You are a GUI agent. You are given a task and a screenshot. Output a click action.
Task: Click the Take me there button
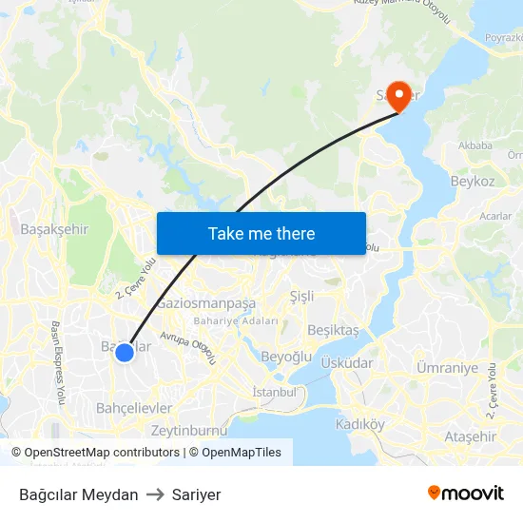(x=261, y=233)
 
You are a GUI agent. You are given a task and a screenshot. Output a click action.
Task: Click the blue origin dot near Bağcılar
(x=125, y=353)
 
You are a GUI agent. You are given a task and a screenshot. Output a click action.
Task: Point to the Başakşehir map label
(x=54, y=229)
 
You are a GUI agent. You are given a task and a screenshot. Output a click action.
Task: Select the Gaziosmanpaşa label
(x=206, y=303)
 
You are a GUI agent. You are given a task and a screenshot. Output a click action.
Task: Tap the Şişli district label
(x=301, y=296)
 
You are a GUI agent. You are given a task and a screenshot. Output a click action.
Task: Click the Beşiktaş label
(x=334, y=330)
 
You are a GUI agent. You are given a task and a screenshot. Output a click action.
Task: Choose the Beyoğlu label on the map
(x=286, y=357)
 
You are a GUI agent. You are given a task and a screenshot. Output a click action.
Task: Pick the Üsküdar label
(x=347, y=363)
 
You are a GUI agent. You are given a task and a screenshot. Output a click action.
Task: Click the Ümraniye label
(x=447, y=367)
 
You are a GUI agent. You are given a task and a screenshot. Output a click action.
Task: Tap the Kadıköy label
(x=360, y=424)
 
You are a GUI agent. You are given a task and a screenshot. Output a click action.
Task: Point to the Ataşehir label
(x=470, y=436)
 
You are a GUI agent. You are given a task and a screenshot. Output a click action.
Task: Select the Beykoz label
(x=473, y=181)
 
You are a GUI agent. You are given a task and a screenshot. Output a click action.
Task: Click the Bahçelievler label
(x=134, y=408)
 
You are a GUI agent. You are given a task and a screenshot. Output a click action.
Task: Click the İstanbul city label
(x=275, y=392)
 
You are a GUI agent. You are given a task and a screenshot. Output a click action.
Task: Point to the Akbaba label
(x=475, y=145)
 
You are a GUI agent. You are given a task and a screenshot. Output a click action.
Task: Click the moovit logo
(x=466, y=494)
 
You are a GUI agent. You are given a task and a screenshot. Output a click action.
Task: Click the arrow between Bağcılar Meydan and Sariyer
(x=155, y=494)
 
